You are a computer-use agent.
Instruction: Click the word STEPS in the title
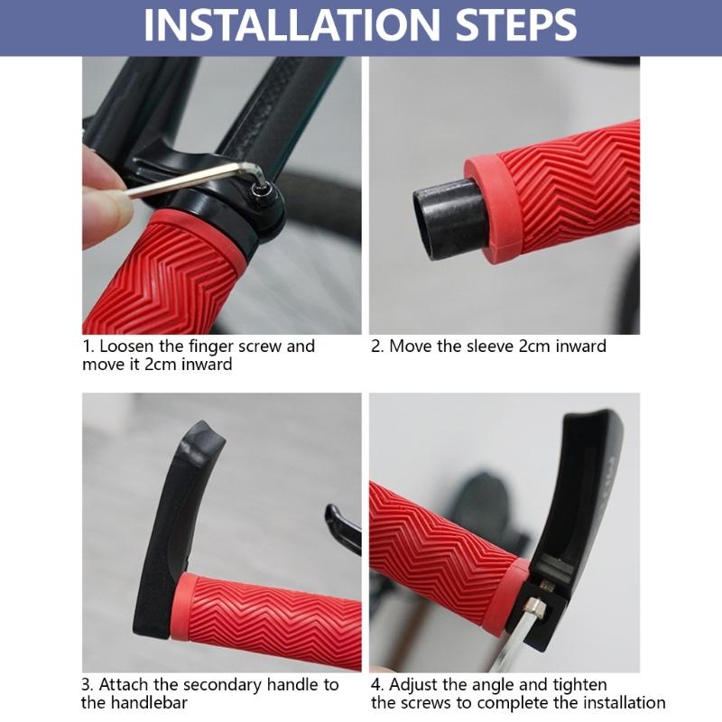[x=509, y=26]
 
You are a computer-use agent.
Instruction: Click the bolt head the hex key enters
[x=264, y=190]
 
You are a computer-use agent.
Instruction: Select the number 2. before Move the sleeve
[x=378, y=347]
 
